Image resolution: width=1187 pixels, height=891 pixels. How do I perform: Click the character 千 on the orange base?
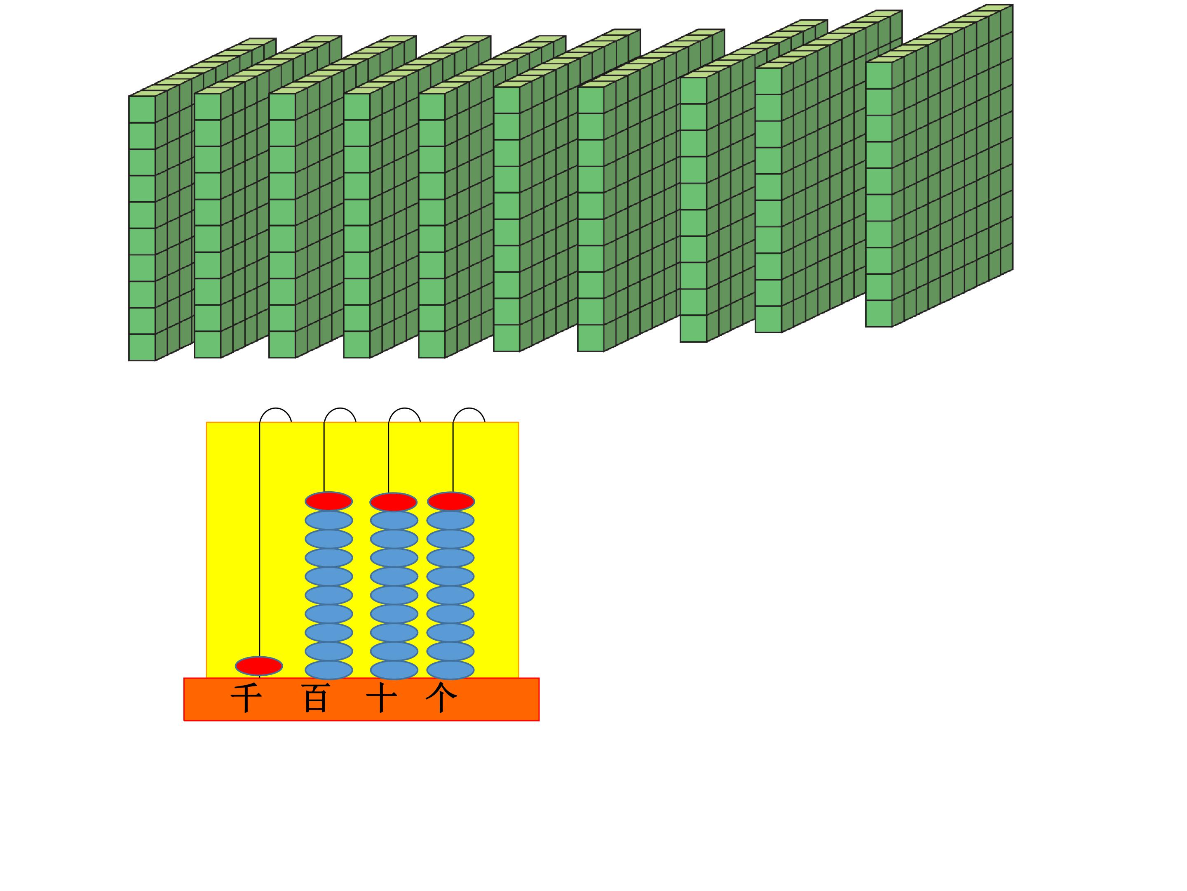[x=246, y=699]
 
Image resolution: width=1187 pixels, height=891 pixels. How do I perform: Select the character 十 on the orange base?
[x=382, y=699]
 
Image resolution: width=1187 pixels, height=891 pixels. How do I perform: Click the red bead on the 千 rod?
[x=259, y=666]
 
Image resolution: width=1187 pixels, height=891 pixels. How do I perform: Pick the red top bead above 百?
[x=329, y=501]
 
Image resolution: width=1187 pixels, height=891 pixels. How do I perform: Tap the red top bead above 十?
[x=393, y=502]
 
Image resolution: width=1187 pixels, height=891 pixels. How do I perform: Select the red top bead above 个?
[x=451, y=501]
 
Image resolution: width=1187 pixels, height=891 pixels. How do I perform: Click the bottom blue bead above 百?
[x=329, y=670]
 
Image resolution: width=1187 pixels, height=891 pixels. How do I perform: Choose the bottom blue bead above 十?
[x=394, y=670]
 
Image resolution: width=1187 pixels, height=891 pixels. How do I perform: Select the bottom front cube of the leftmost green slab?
[x=142, y=347]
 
